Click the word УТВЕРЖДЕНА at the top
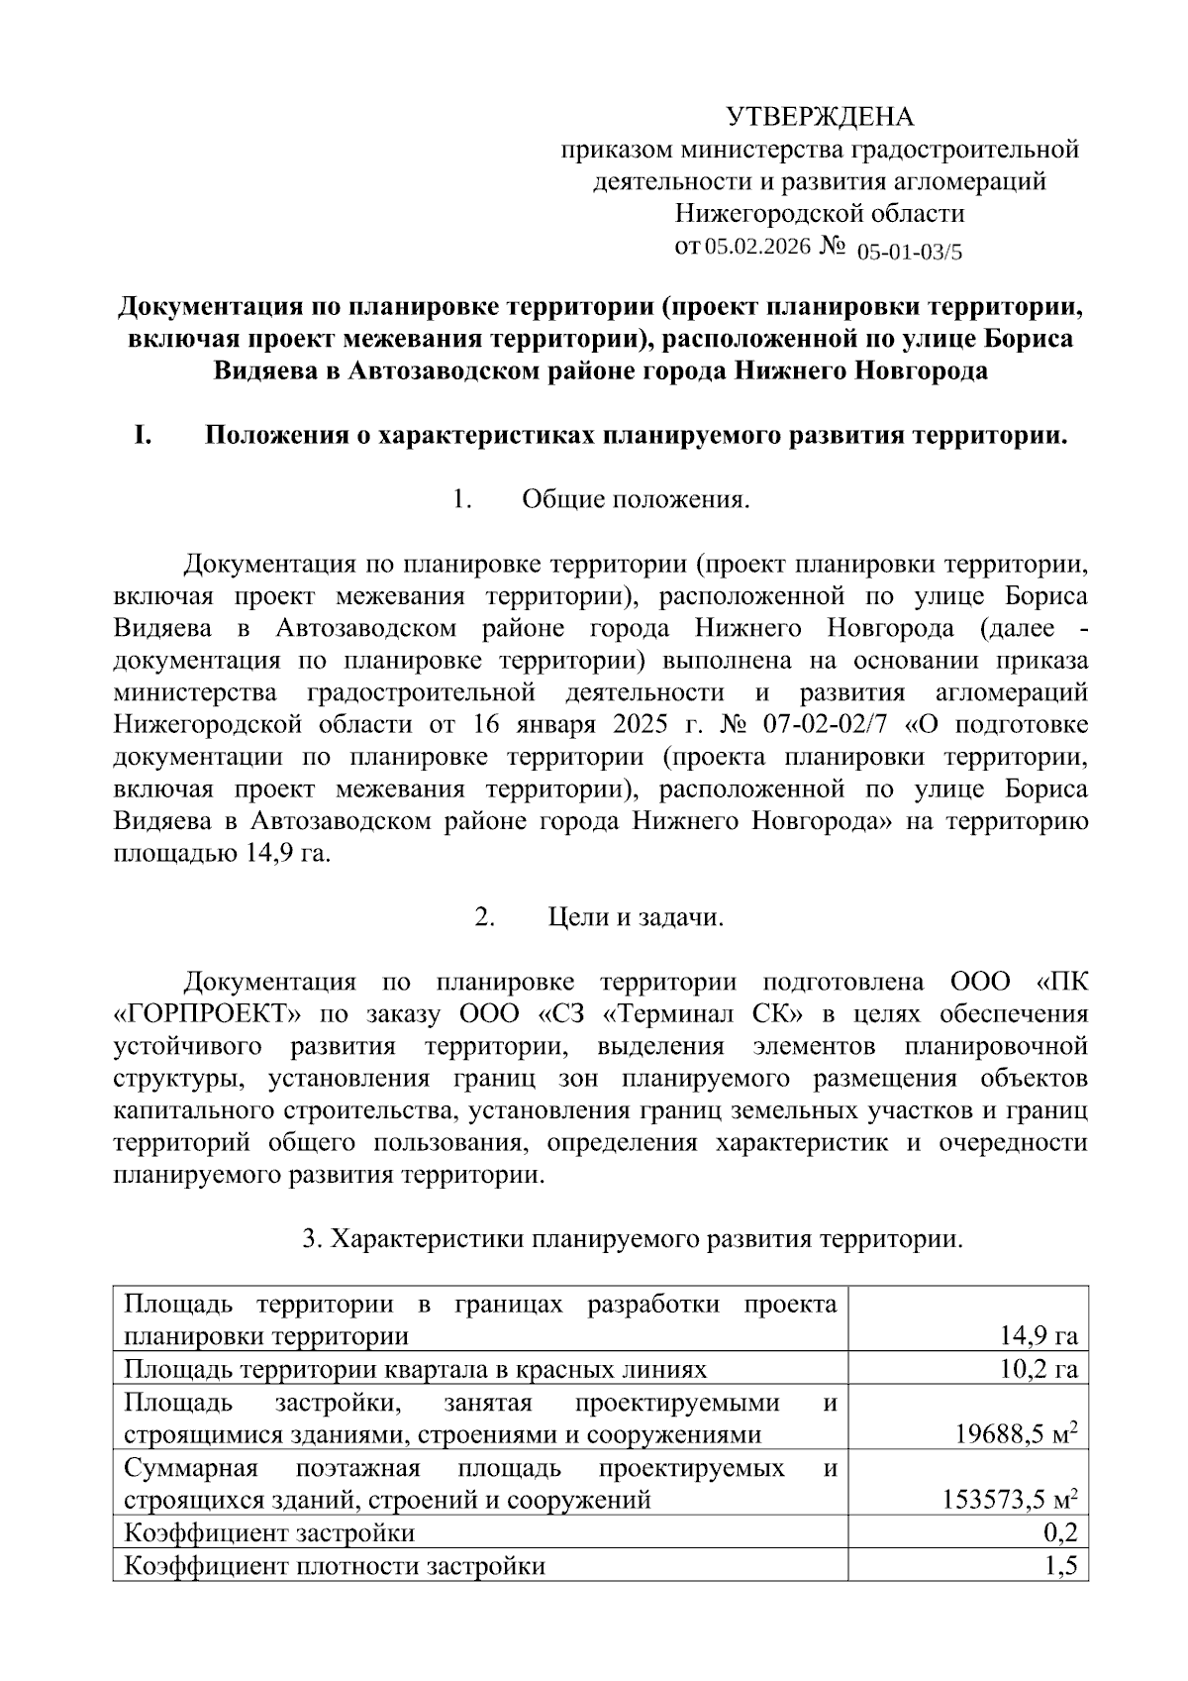(x=821, y=117)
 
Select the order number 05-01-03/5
(x=909, y=252)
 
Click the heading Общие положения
(x=636, y=499)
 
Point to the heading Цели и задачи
(x=636, y=917)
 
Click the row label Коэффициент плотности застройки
(x=335, y=1566)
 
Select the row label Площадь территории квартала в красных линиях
(x=416, y=1370)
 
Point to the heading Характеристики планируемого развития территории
(x=643, y=1239)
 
